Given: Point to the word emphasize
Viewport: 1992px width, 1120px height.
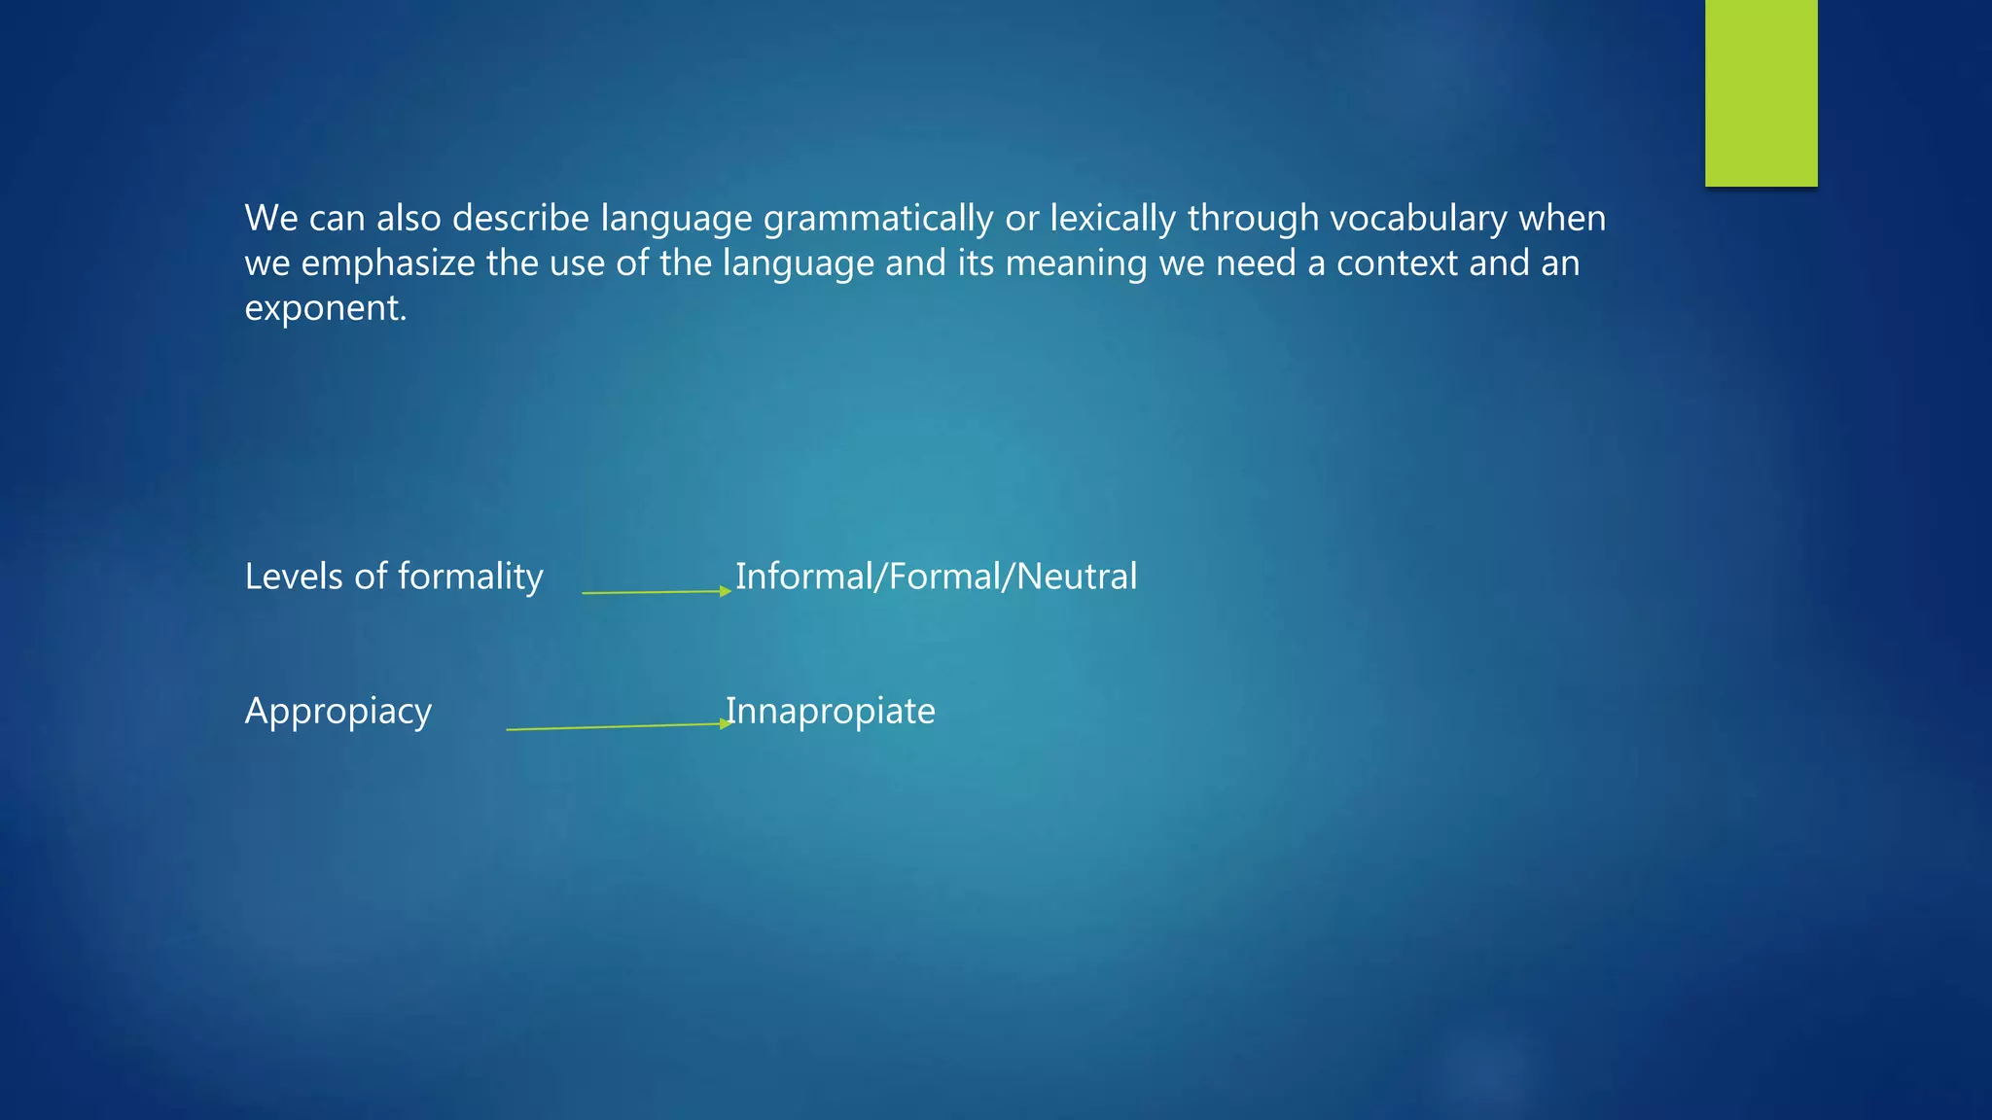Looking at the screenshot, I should pos(388,264).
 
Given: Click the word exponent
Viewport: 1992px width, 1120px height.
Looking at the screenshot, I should pos(325,309).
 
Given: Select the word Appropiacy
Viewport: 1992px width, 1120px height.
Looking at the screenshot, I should pos(338,713).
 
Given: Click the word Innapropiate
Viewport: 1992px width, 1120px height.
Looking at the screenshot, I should pos(831,713).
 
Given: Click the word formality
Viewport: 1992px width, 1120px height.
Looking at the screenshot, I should pos(470,577).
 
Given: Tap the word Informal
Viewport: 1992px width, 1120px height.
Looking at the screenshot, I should pos(804,577).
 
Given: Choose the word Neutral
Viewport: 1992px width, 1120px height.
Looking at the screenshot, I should pos(1077,577).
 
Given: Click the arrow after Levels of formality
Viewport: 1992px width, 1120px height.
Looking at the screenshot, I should pos(656,592).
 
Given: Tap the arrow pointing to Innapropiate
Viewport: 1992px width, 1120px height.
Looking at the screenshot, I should pos(619,726).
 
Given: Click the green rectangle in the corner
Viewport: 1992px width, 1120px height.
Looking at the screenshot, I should pos(1761,92).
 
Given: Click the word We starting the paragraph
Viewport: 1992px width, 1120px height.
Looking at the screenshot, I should pos(270,220).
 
